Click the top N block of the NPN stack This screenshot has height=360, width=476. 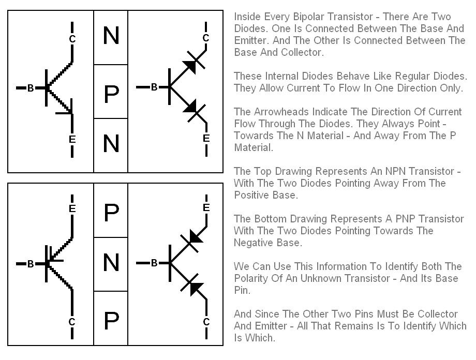(111, 38)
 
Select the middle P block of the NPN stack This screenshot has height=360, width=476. (111, 92)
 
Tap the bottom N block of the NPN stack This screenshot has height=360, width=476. (111, 145)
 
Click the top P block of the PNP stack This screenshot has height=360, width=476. (111, 211)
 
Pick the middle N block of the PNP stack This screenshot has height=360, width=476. (111, 264)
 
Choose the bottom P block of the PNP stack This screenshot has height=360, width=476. (111, 318)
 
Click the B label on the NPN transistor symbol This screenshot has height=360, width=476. (31, 88)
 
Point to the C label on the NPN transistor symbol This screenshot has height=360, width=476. (72, 39)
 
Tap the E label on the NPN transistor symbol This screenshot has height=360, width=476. (72, 139)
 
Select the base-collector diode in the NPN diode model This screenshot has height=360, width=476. (193, 63)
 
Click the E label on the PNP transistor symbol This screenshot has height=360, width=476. (72, 208)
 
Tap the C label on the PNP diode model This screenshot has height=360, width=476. (206, 322)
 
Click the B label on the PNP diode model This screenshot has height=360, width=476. (154, 263)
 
